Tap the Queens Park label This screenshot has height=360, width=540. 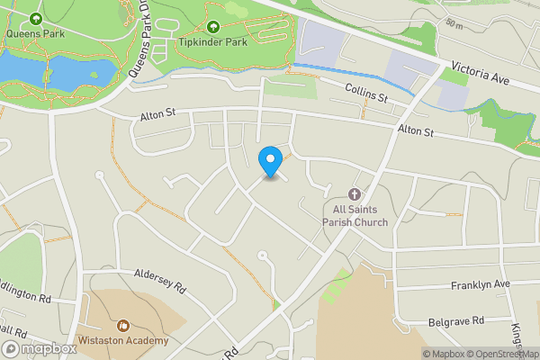pos(35,34)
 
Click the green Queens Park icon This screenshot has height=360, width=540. pos(35,19)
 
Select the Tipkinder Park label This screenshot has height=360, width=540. pos(213,42)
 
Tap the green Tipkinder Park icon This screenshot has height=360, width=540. pos(213,27)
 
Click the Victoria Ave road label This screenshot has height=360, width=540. pos(481,73)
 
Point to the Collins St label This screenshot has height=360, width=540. pos(367,92)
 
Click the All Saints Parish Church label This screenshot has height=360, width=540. pos(355,216)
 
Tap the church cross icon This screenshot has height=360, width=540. pos(355,194)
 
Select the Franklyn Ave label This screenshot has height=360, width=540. pos(480,284)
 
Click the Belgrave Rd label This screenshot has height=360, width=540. pos(455,320)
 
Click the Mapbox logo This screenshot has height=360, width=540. pos(40,349)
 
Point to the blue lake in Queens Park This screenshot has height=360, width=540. pos(40,68)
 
